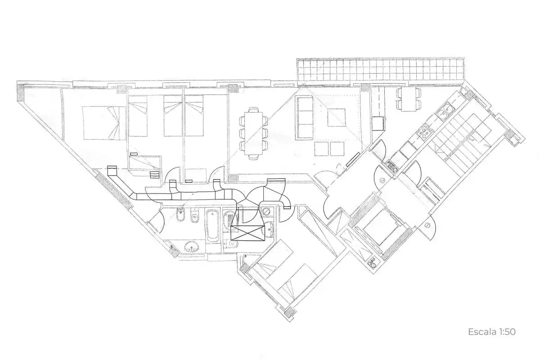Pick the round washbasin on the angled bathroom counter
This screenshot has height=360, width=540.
[192, 247]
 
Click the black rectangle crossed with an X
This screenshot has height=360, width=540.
[247, 233]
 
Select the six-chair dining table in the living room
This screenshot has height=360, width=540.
[253, 133]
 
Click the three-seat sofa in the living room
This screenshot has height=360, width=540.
[305, 117]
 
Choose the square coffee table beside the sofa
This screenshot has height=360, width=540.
[336, 117]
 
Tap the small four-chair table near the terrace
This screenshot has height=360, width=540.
[409, 99]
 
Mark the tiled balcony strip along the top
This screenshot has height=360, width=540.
[380, 72]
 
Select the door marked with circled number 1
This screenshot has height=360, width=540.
[427, 226]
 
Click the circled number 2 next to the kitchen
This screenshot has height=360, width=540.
[383, 180]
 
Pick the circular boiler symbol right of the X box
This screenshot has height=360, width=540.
[266, 211]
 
